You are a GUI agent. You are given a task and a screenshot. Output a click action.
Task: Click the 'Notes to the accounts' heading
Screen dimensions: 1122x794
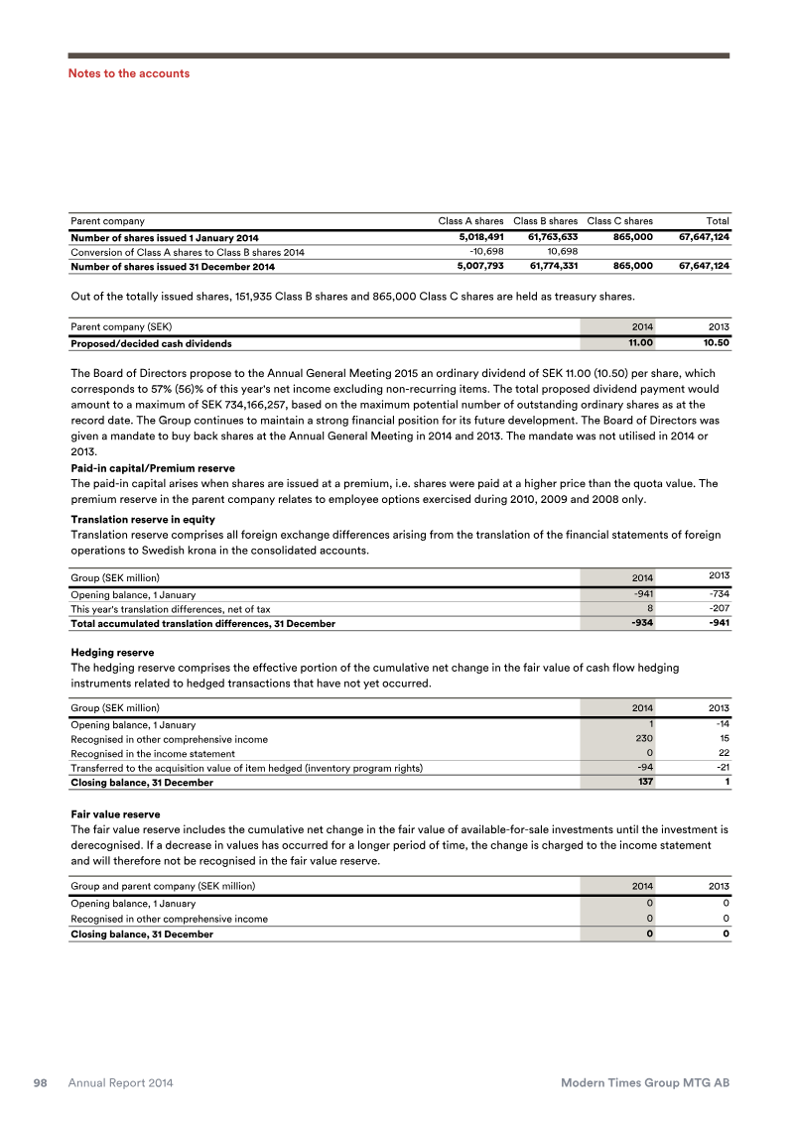pyautogui.click(x=128, y=73)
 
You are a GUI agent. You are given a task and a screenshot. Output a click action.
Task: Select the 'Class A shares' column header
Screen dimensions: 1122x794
pyautogui.click(x=470, y=220)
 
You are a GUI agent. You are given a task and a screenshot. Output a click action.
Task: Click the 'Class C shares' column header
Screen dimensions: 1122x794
pyautogui.click(x=619, y=220)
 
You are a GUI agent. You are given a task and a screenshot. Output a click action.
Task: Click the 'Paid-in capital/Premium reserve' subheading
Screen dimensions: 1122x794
pyautogui.click(x=153, y=468)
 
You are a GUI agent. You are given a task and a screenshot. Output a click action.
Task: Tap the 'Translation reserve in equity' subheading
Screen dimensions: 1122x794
pyautogui.click(x=143, y=520)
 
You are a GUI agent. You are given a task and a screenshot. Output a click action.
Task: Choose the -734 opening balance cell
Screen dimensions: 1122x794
pyautogui.click(x=718, y=594)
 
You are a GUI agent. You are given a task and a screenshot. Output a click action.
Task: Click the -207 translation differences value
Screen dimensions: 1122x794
pyautogui.click(x=718, y=609)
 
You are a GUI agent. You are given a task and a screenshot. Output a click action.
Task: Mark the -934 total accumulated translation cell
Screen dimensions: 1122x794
pyautogui.click(x=639, y=624)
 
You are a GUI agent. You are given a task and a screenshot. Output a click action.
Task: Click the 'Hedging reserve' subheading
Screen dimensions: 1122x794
pyautogui.click(x=112, y=654)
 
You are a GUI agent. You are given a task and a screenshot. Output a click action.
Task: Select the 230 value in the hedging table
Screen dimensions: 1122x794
pyautogui.click(x=642, y=739)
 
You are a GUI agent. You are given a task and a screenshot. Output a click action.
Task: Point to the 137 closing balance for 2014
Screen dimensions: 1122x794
pyautogui.click(x=643, y=783)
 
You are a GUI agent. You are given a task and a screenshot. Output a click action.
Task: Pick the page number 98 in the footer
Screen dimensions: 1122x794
pyautogui.click(x=42, y=1083)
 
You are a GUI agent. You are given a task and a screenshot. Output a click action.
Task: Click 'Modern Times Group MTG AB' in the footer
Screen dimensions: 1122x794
pyautogui.click(x=645, y=1083)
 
